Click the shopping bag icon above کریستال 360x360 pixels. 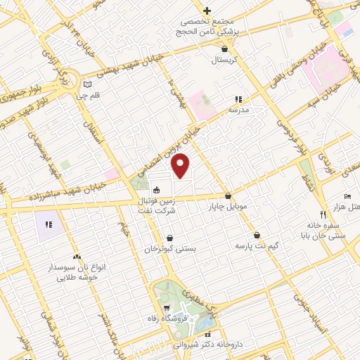[224, 49]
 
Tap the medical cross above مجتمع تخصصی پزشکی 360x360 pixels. [207, 11]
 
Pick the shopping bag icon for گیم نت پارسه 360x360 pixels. [257, 235]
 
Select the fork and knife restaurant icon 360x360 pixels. [323, 214]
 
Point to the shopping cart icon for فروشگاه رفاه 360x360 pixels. [167, 309]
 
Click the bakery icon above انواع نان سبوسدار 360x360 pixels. [77, 258]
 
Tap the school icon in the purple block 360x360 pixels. [49, 224]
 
